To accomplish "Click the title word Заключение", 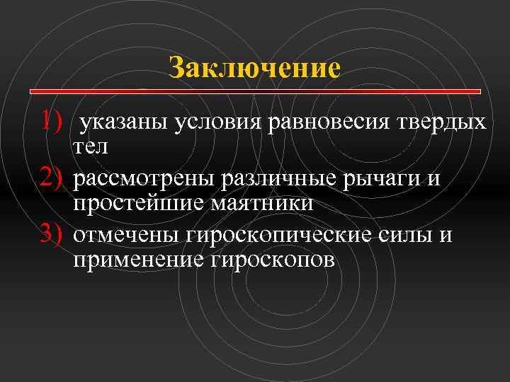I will click(255, 68).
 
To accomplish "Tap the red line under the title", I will click(255, 91).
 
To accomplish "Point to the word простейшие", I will click(135, 204).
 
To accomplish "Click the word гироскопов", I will click(273, 261).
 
